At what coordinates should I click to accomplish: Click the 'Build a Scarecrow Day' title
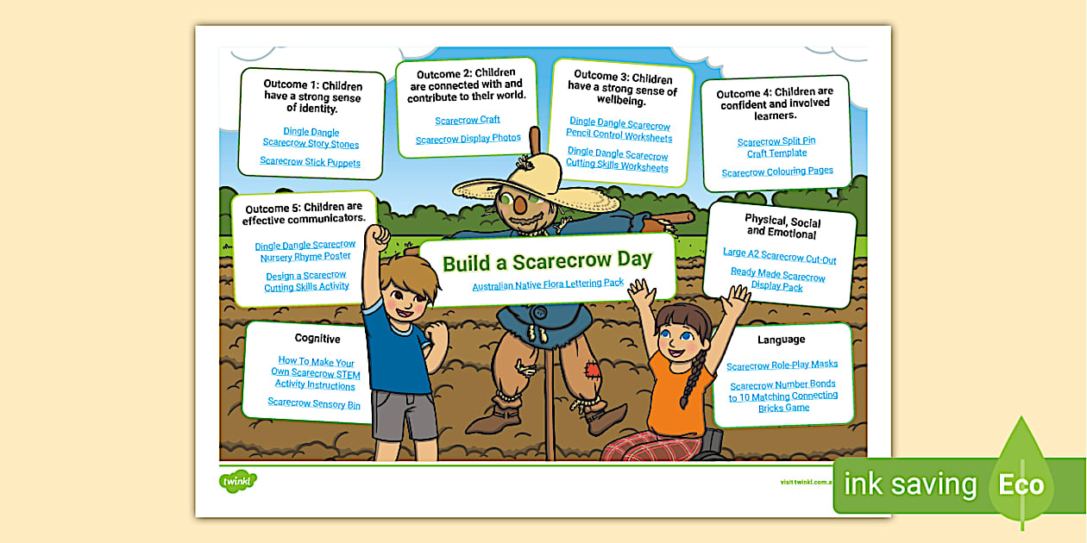tap(547, 261)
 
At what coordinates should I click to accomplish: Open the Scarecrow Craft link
tap(468, 120)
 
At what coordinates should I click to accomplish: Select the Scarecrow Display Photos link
tap(468, 139)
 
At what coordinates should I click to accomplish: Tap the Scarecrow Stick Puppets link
tap(310, 162)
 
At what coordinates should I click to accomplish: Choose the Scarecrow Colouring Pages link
tap(777, 172)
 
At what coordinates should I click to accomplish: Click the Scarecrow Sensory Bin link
tap(314, 403)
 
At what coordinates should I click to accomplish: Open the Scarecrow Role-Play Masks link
tap(782, 365)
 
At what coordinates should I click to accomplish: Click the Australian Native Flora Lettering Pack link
tap(548, 284)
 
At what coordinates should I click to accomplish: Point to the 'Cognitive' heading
tap(317, 339)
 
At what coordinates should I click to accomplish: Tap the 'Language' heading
tap(781, 340)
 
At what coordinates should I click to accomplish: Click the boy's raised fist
tap(378, 237)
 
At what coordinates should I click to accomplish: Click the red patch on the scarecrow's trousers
tap(594, 371)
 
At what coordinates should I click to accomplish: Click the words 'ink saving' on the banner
tap(910, 484)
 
